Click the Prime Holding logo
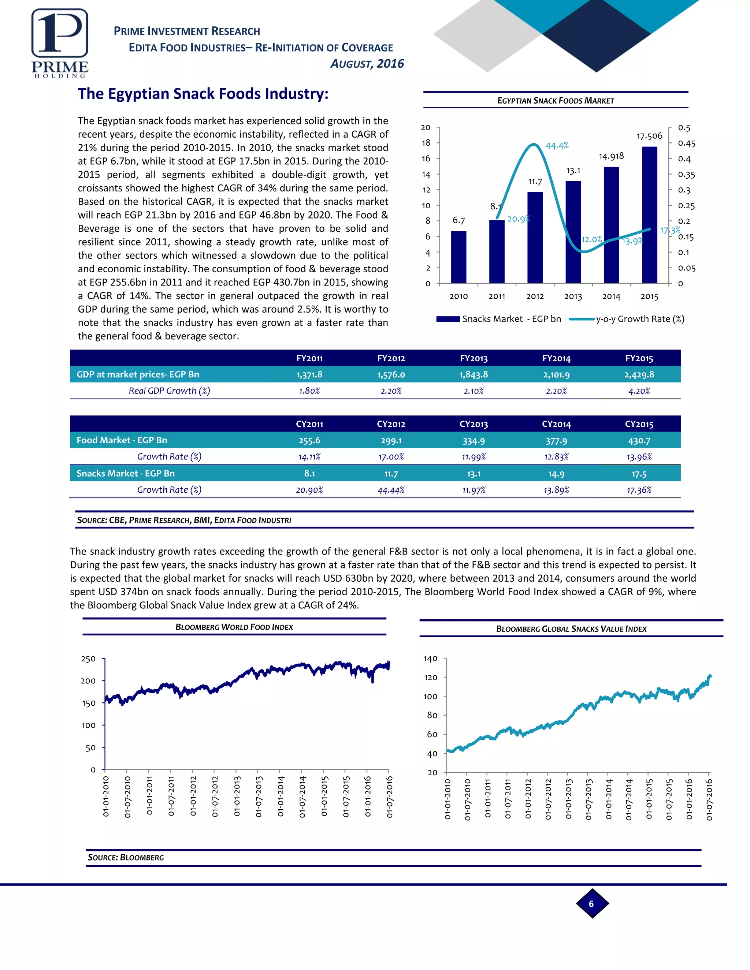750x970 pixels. pyautogui.click(x=60, y=44)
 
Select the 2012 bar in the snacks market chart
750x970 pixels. pyautogui.click(x=535, y=237)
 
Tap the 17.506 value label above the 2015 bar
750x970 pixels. pyautogui.click(x=649, y=136)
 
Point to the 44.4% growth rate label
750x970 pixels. pyautogui.click(x=557, y=146)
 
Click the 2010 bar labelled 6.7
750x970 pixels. pyautogui.click(x=458, y=257)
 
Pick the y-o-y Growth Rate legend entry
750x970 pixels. pyautogui.click(x=627, y=319)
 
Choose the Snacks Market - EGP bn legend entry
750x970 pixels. pyautogui.click(x=498, y=319)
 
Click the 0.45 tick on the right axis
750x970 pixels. pyautogui.click(x=687, y=143)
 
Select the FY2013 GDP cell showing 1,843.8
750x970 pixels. pyautogui.click(x=474, y=374)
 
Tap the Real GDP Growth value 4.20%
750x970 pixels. pyautogui.click(x=639, y=391)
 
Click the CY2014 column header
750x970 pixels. pyautogui.click(x=556, y=424)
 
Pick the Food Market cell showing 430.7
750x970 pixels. pyautogui.click(x=639, y=441)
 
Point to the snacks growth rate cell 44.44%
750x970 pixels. pyautogui.click(x=391, y=490)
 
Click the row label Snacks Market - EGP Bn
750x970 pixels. pyautogui.click(x=126, y=473)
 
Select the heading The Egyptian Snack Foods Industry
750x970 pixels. pyautogui.click(x=203, y=94)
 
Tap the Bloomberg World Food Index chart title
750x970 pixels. pyautogui.click(x=234, y=627)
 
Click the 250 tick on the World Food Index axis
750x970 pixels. pyautogui.click(x=88, y=659)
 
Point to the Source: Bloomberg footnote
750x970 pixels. pyautogui.click(x=126, y=857)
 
